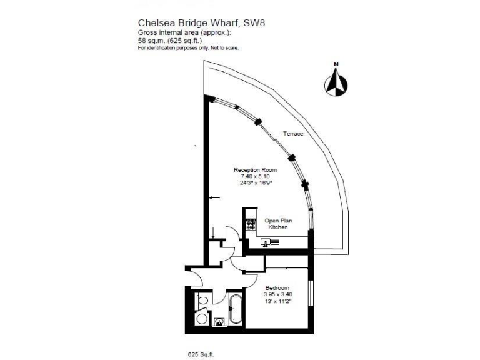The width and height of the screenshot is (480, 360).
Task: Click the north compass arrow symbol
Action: [336, 83]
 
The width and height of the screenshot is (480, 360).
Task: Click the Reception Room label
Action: [255, 169]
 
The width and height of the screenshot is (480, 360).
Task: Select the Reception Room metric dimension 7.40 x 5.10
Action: [255, 176]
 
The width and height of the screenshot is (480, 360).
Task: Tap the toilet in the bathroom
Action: [201, 304]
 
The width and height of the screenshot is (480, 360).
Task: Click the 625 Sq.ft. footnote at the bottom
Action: [201, 354]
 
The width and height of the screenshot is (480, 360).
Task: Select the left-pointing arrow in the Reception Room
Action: [214, 198]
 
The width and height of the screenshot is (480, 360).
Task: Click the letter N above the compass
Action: [336, 64]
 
